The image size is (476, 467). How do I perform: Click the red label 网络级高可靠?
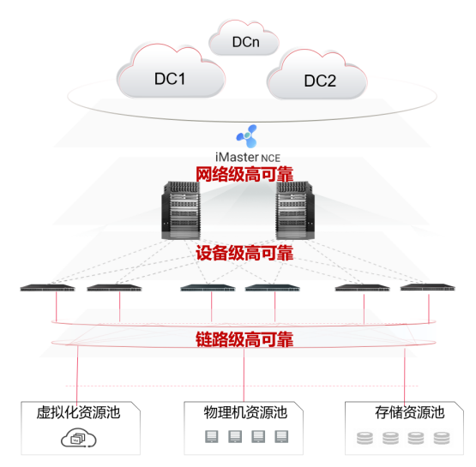[x=245, y=175]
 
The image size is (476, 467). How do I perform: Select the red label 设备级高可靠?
[x=245, y=254]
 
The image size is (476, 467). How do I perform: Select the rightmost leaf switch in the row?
[x=425, y=288]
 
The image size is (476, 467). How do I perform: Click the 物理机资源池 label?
[x=244, y=412]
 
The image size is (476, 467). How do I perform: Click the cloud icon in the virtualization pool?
[x=77, y=439]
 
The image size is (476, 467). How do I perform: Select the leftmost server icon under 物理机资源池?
[x=210, y=438]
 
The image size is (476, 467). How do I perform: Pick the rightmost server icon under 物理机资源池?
[x=280, y=438]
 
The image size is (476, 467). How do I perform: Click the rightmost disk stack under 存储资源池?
[x=442, y=440]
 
